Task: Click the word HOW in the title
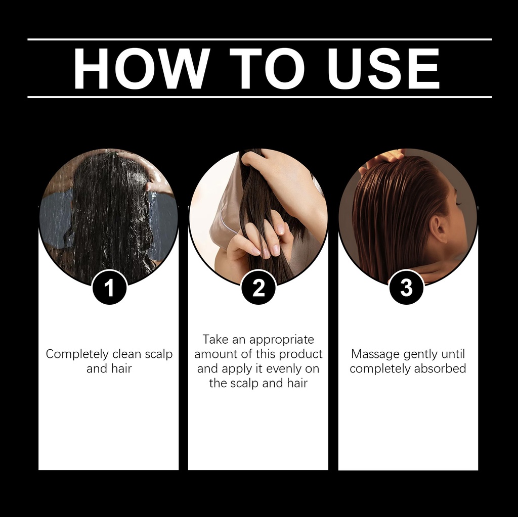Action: [142, 68]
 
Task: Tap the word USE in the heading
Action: [383, 68]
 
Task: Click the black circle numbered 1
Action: [109, 287]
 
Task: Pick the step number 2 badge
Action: [258, 287]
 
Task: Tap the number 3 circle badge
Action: [406, 287]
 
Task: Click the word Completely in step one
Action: [77, 355]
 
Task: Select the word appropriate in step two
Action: [282, 340]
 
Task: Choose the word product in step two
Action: [300, 355]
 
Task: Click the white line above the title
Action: [260, 39]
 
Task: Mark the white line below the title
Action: [260, 97]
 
